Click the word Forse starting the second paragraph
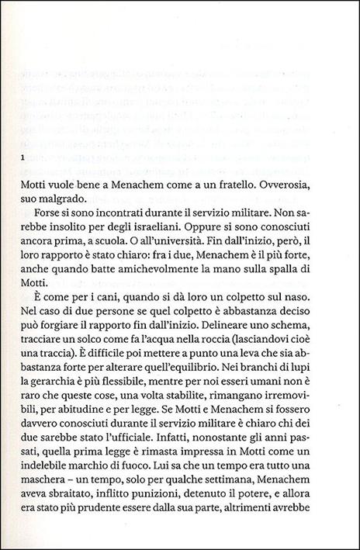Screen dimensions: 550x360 click(45, 219)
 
